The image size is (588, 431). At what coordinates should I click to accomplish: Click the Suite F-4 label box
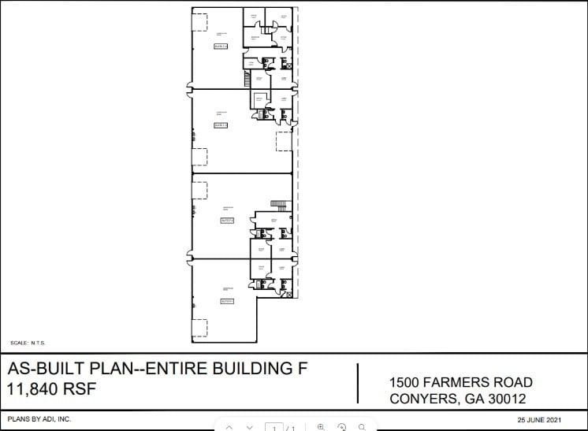[x=220, y=46]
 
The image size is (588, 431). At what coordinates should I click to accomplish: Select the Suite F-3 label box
[x=221, y=124]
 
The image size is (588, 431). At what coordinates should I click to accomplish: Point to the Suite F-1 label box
[x=227, y=300]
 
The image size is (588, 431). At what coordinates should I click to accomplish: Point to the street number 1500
[x=406, y=382]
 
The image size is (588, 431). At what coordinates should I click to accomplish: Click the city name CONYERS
[x=424, y=399]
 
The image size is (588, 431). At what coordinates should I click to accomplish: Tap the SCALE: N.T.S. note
[x=28, y=343]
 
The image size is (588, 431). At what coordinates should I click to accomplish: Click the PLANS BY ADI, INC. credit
[x=39, y=419]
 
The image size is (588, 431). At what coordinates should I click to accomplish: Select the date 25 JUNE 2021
[x=539, y=419]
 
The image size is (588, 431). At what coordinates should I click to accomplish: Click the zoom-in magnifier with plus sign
[x=321, y=426]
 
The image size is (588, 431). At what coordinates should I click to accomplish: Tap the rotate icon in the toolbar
[x=342, y=426]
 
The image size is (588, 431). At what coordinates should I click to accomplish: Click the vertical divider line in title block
[x=359, y=383]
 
